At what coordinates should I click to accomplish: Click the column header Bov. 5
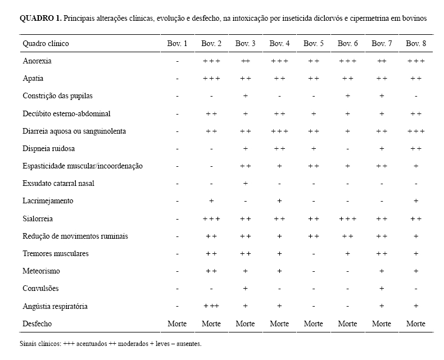[x=314, y=43]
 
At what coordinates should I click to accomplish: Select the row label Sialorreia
[x=37, y=218]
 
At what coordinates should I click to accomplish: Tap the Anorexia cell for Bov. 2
[x=211, y=61]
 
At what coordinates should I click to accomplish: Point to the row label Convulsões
[x=40, y=289]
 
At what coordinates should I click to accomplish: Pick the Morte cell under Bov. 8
[x=416, y=323]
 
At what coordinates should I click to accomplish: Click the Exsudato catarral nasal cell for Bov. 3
[x=246, y=184]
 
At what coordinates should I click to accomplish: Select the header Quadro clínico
[x=46, y=43]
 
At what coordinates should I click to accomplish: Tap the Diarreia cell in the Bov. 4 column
[x=279, y=131]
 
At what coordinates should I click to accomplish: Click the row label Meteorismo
[x=41, y=271]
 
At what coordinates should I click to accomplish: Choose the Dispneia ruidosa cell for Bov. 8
[x=416, y=148]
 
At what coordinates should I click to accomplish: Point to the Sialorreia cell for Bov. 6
[x=348, y=218]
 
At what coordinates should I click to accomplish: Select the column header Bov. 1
[x=178, y=43]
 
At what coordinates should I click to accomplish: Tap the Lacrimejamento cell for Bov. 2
[x=211, y=201]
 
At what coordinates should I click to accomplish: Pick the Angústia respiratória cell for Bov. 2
[x=211, y=306]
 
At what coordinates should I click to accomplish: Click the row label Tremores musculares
[x=55, y=253]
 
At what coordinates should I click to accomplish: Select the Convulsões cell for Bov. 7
[x=382, y=289]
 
